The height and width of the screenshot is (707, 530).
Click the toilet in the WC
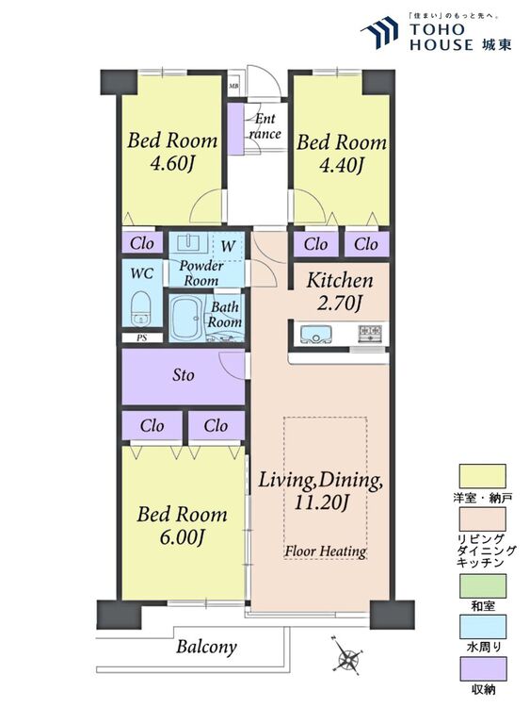coord(141,308)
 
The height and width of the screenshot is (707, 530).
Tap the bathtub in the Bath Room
coord(185,318)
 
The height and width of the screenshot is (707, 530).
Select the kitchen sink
coord(315,334)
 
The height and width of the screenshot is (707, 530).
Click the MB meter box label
coord(233,86)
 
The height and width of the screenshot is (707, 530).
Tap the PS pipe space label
coord(142,337)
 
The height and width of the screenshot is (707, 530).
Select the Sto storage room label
coord(184,375)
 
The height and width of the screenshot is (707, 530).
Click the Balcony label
coord(206,647)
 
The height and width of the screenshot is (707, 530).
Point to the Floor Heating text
coord(325,551)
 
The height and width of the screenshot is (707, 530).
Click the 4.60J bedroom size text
coord(171,164)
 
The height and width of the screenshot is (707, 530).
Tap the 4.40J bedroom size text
coord(341,166)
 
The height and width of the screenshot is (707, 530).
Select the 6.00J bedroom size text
coord(182,537)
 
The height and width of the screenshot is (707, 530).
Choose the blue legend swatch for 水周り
coord(482,627)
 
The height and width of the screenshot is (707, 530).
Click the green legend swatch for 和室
coord(482,585)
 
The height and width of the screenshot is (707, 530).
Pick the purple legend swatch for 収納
coord(482,668)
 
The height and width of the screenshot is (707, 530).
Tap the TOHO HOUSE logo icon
coord(379,31)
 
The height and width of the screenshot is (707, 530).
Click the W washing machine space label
coord(229,246)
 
